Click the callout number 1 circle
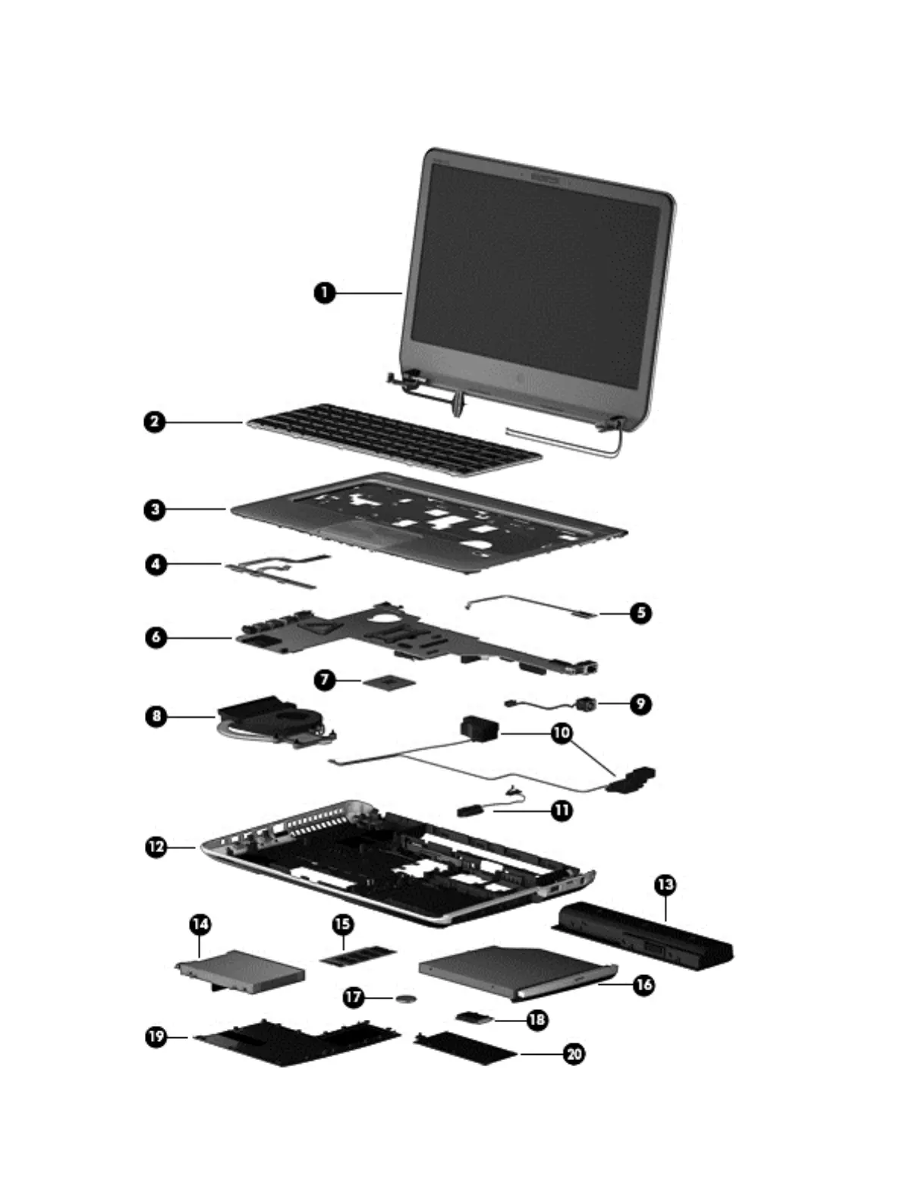325,292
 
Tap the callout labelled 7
325,679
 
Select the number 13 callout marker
665,884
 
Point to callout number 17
354,996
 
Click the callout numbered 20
574,1053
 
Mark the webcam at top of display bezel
548,180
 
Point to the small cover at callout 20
464,1049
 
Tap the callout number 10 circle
562,734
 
